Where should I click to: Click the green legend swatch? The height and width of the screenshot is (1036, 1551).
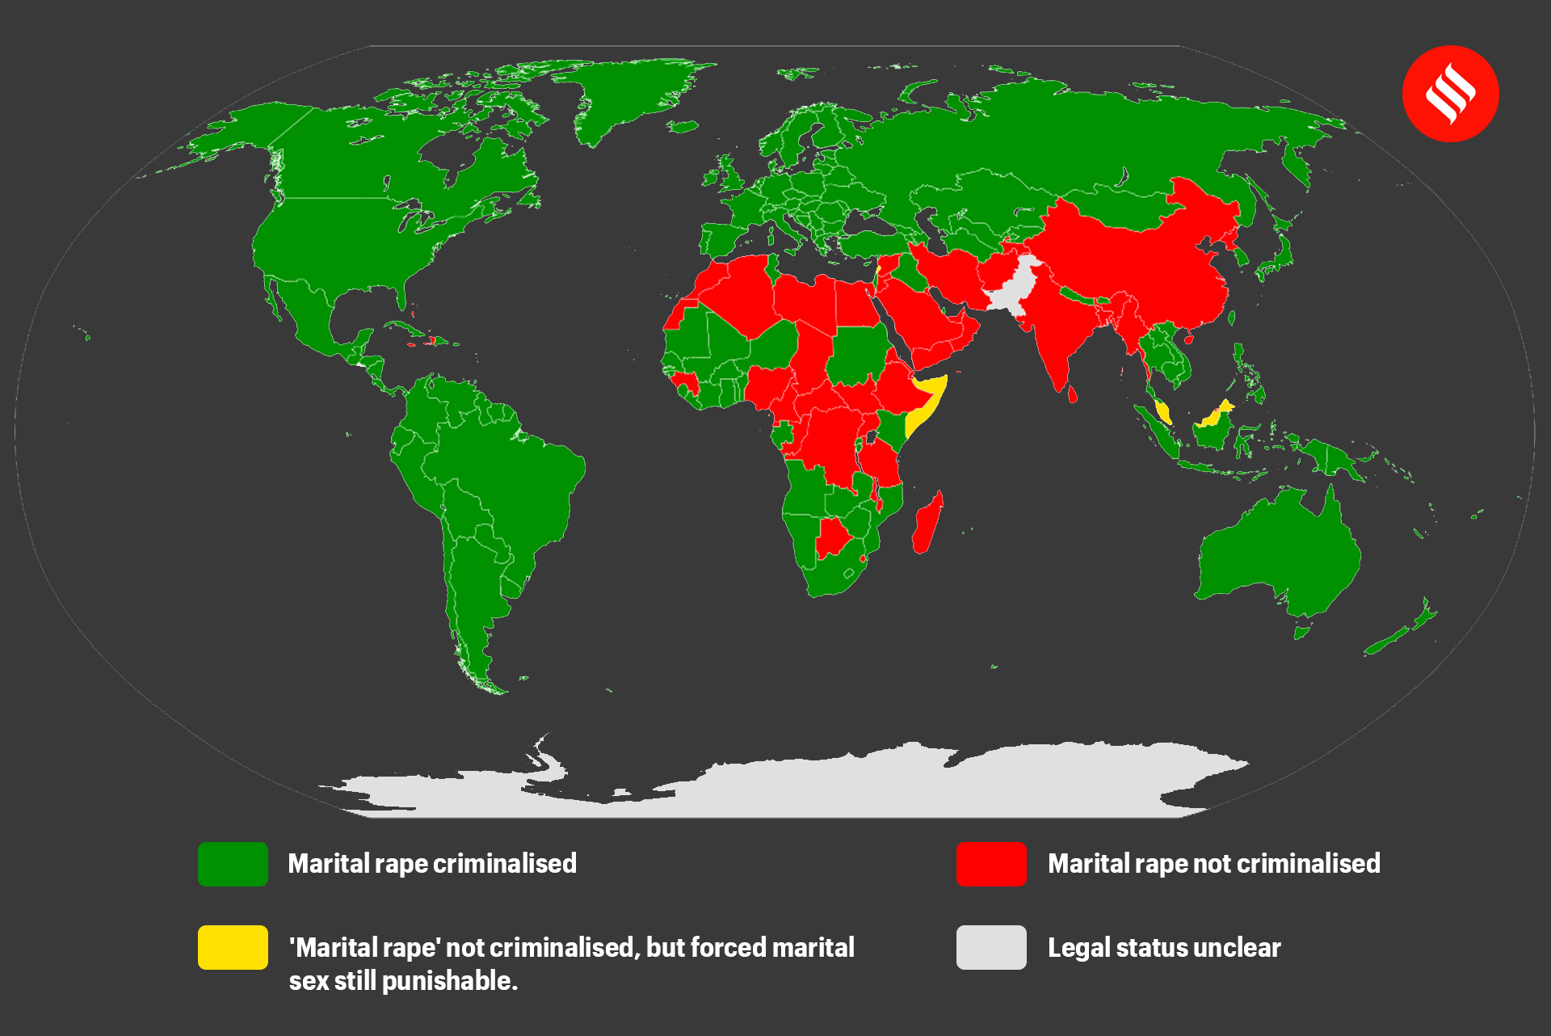click(233, 864)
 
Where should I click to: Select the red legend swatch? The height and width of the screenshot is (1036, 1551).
click(991, 864)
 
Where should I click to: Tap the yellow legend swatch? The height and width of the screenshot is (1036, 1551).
click(233, 947)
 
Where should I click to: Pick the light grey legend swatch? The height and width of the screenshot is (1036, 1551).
click(991, 947)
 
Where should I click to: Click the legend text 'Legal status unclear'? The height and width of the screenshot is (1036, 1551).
click(1163, 947)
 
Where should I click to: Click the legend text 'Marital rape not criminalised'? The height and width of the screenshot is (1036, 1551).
click(1213, 864)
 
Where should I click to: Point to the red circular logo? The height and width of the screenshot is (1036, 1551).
click(1450, 94)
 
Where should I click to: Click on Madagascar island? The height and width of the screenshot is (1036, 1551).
click(927, 525)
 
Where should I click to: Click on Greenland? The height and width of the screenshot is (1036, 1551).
click(630, 97)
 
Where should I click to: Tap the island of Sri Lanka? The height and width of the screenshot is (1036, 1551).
click(1073, 394)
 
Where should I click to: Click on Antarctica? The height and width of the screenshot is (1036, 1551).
click(808, 780)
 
